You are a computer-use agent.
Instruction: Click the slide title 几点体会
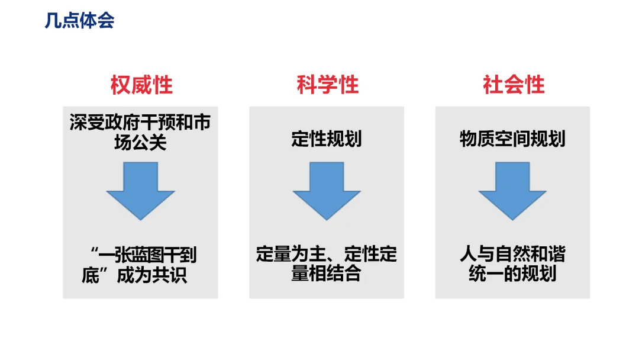coord(79,21)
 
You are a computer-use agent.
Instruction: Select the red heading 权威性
coord(141,85)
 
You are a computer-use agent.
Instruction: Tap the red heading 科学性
coord(327,85)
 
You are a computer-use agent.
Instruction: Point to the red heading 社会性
coord(513,85)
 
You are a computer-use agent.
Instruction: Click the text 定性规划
coord(327,139)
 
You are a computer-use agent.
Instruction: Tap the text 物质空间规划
coord(512,139)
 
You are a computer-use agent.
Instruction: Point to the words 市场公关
coord(141,142)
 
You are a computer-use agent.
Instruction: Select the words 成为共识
coord(152,275)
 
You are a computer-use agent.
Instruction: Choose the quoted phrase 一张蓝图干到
coord(148,256)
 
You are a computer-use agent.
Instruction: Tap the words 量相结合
coord(327,274)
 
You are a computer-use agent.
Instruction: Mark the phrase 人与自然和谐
coord(512,255)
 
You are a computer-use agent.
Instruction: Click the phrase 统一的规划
coord(512,274)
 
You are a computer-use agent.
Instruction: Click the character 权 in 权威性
coord(120,85)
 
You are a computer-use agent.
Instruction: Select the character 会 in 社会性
coord(513,85)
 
